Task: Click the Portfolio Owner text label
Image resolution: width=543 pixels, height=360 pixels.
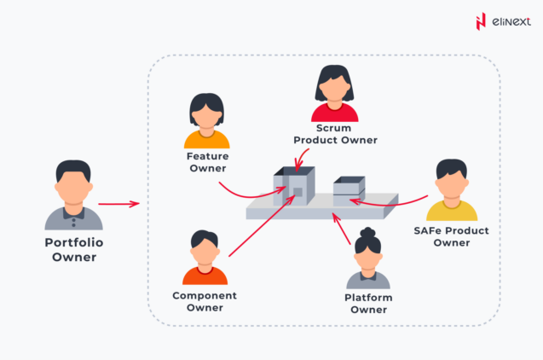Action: pyautogui.click(x=73, y=248)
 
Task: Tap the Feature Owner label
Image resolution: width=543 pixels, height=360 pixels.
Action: pyautogui.click(x=206, y=162)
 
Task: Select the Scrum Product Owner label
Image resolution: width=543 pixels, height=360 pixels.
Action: pyautogui.click(x=335, y=134)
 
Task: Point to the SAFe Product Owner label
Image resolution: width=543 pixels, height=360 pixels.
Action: pyautogui.click(x=451, y=236)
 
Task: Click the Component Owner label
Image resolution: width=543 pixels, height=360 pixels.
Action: pyautogui.click(x=205, y=301)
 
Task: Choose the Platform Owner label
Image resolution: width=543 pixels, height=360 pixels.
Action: pyautogui.click(x=368, y=303)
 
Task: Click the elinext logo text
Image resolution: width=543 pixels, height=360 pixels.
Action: pyautogui.click(x=509, y=20)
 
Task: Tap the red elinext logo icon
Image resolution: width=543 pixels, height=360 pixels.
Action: pyautogui.click(x=481, y=20)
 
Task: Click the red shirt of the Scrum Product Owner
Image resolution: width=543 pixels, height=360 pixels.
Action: pyautogui.click(x=335, y=113)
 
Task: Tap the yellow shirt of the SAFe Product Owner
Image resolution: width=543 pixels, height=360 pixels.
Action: pyautogui.click(x=452, y=212)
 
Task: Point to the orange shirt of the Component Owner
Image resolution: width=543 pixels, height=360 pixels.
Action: pyautogui.click(x=205, y=276)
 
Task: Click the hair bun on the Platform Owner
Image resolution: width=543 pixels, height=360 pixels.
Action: pyautogui.click(x=368, y=231)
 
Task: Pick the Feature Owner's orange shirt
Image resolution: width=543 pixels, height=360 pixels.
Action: pyautogui.click(x=206, y=139)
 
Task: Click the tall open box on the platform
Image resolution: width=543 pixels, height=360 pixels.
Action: pyautogui.click(x=294, y=186)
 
